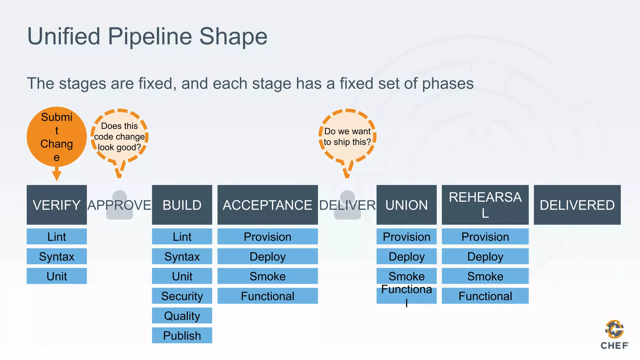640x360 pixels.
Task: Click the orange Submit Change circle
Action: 57,137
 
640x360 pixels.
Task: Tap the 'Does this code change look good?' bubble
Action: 119,137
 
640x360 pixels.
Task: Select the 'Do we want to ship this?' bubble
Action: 347,137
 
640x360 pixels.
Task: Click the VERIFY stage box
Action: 57,205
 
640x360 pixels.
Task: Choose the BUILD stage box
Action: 182,205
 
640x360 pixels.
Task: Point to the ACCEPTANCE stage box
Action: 267,205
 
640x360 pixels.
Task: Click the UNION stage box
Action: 406,205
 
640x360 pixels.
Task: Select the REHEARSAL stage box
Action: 485,205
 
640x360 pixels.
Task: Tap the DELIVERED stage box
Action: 577,205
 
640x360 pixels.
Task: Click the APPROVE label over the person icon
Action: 119,205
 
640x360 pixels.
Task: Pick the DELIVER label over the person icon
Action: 347,205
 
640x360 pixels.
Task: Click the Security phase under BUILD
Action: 182,296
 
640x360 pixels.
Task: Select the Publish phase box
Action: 182,335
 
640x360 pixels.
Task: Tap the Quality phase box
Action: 182,316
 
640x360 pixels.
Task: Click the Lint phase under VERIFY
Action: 57,237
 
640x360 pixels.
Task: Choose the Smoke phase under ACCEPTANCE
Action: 267,276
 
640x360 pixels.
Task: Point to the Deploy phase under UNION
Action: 406,256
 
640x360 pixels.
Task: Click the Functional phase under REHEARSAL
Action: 485,296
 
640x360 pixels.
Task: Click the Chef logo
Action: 614,334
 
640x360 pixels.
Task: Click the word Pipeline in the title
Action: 150,36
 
